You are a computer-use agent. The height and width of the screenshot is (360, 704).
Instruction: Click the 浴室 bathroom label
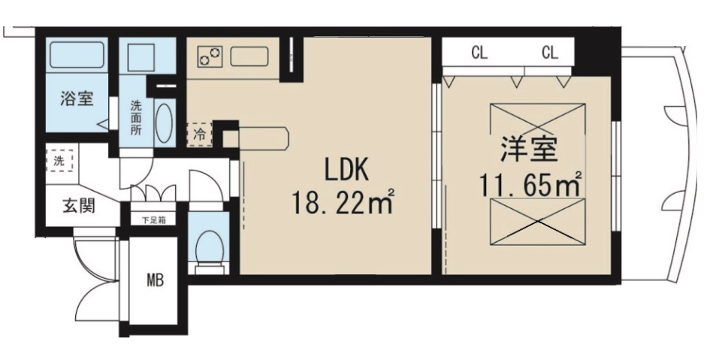[x=77, y=99]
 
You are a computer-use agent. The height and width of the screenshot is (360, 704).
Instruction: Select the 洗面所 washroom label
[x=136, y=117]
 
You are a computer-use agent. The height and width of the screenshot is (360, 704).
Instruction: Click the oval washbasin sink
[x=166, y=122]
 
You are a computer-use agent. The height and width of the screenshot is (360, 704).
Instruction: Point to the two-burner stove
[x=211, y=56]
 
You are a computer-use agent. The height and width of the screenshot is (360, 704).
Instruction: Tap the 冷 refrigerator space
[x=200, y=136]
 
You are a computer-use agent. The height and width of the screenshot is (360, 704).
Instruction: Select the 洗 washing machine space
[x=59, y=160]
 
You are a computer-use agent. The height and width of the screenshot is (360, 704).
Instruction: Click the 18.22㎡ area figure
[x=344, y=202]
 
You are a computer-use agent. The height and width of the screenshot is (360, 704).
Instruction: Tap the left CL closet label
[x=478, y=53]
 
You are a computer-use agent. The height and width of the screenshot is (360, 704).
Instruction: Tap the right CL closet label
[x=549, y=53]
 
